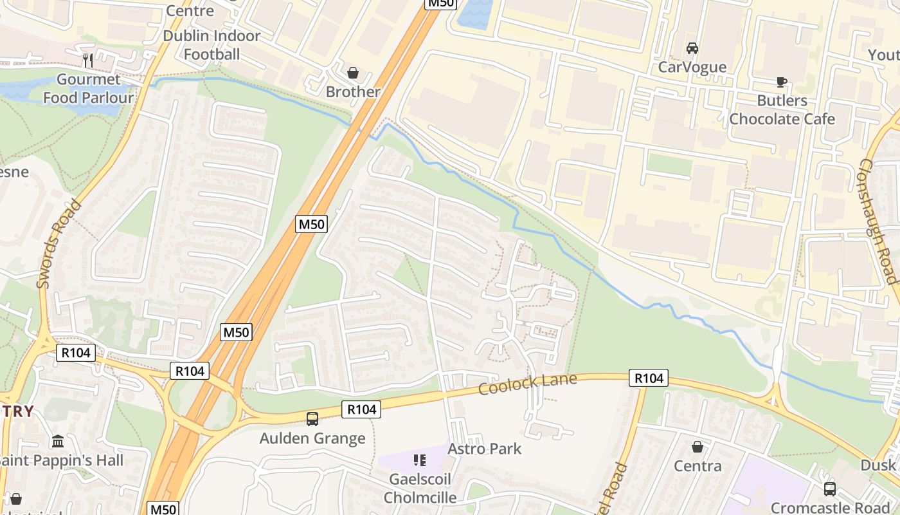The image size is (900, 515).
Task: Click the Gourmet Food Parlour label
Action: point(95,89)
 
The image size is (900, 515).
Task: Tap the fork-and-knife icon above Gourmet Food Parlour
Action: point(89,61)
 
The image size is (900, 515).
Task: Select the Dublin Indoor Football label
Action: point(212,45)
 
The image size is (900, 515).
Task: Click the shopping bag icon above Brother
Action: point(352,73)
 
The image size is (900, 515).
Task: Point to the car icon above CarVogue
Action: point(692,48)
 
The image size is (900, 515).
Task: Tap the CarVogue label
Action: point(692,67)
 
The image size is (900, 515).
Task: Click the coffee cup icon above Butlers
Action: point(782,82)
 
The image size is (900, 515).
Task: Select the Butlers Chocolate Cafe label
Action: point(782,110)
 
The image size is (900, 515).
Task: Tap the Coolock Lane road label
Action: point(527,385)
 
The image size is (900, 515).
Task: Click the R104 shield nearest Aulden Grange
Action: point(361,409)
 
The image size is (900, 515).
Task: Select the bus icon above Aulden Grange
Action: point(312,419)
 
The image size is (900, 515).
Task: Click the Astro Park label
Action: point(484,449)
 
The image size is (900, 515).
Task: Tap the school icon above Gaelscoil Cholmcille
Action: point(420,460)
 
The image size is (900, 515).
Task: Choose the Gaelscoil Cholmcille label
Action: point(420,489)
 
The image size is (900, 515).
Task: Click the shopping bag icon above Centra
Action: point(697,447)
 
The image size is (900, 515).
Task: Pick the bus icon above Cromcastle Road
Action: point(830,489)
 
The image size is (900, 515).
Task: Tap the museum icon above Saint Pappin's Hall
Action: point(58,442)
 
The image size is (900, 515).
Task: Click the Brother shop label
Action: point(353,92)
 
